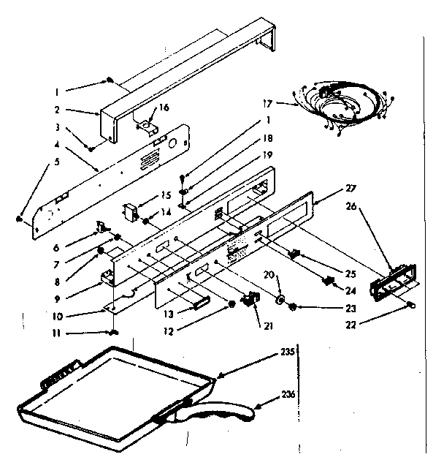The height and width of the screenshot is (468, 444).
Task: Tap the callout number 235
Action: (288, 352)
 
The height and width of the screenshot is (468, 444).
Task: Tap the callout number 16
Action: (164, 107)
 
